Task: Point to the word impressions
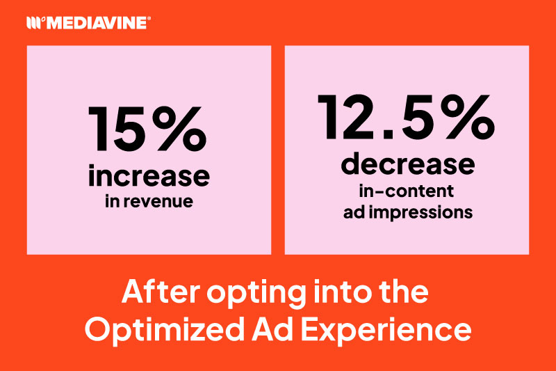coord(424,213)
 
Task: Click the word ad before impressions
coord(355,213)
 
